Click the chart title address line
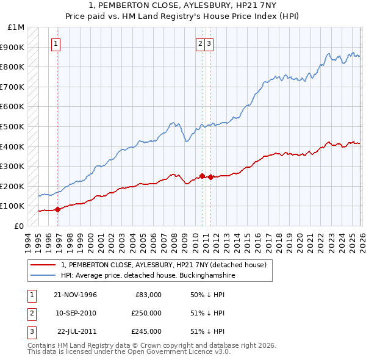(183, 5)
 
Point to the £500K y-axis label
(13, 126)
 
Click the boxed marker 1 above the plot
(56, 43)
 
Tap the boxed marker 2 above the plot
(200, 43)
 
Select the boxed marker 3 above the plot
(209, 43)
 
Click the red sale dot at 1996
(58, 209)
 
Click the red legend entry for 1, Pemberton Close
(163, 265)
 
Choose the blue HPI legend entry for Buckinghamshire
(148, 276)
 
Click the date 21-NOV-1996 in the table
(75, 295)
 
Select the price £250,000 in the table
(146, 313)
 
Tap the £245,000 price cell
(146, 331)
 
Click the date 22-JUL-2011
(75, 331)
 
